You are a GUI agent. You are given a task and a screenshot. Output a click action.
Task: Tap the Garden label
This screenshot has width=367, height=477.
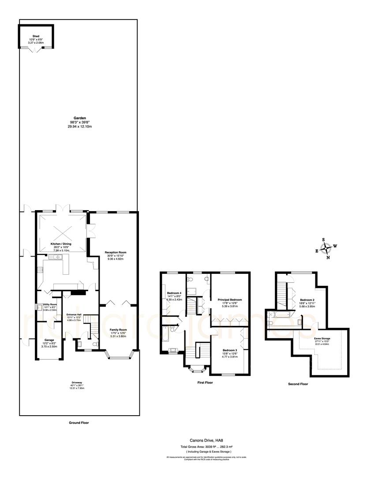[x=79, y=118]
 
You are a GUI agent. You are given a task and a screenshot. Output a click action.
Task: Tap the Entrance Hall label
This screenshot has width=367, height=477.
[x=74, y=314]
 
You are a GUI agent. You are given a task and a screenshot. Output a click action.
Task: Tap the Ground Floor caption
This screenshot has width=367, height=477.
[x=79, y=423]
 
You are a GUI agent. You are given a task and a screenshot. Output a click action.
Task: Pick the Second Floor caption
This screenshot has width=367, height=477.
[x=298, y=384]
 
